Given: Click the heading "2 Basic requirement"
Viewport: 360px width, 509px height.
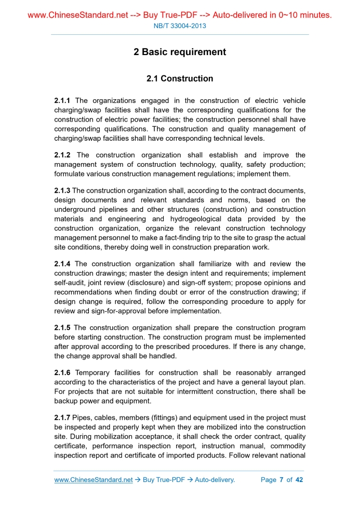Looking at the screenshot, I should [x=180, y=52].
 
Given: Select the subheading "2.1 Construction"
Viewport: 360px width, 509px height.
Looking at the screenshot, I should [x=180, y=79].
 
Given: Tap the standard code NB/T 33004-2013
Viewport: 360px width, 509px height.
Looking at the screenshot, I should [x=180, y=26].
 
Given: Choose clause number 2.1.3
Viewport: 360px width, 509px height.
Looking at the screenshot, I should [x=62, y=191].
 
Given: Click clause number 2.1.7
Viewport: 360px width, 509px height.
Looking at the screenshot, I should [x=62, y=418].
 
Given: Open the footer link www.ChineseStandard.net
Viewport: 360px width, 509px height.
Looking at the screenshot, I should [x=94, y=480].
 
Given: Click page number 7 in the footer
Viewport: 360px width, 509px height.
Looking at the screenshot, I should [x=281, y=480].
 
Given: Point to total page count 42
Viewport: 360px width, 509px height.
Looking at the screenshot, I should [x=299, y=480].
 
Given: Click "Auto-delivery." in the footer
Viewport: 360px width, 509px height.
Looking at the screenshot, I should [x=215, y=480].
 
